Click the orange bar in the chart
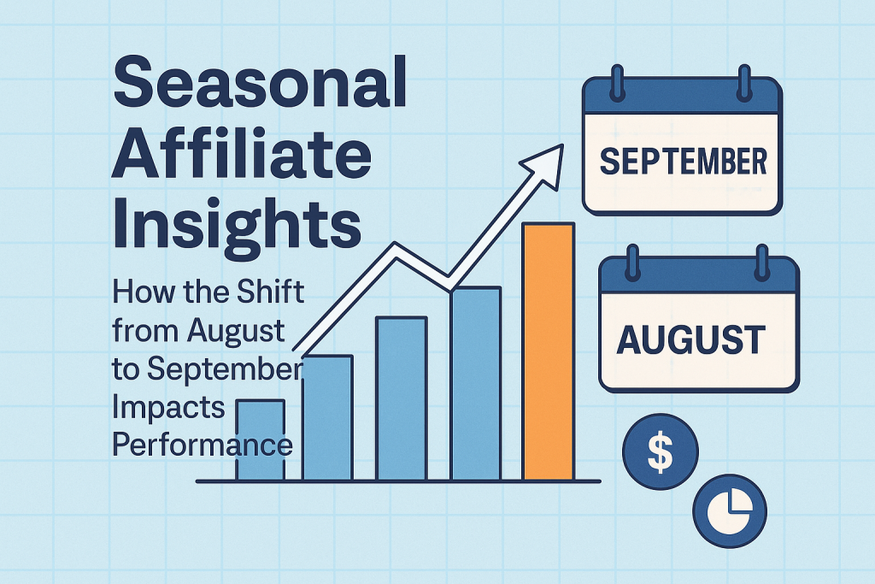[548, 351]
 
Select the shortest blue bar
[260, 439]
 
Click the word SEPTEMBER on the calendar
[683, 162]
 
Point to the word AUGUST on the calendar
[690, 339]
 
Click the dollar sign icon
[661, 451]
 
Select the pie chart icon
[730, 510]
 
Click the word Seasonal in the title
[260, 81]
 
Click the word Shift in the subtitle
[271, 292]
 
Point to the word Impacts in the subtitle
[168, 409]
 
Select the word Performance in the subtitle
[203, 445]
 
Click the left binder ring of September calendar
[617, 83]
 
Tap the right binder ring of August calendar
[761, 262]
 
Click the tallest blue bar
[476, 384]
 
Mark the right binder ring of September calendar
[744, 83]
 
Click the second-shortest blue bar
[327, 417]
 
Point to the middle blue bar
[402, 398]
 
